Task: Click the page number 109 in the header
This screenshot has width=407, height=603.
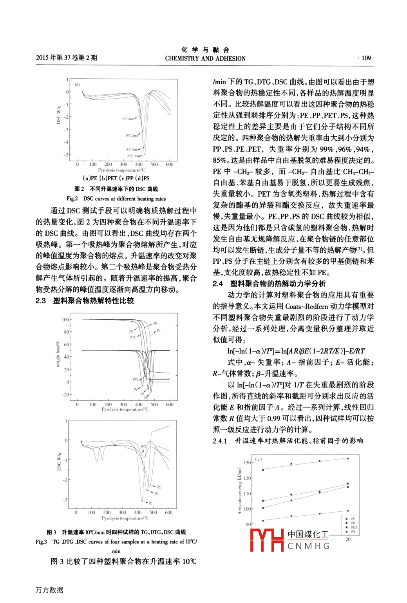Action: [366, 58]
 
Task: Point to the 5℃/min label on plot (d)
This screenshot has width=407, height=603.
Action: [128, 119]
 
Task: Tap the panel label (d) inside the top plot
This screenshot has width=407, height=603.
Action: [77, 84]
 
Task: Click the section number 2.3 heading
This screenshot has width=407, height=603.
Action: [41, 301]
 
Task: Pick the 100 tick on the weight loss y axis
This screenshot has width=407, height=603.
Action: [65, 320]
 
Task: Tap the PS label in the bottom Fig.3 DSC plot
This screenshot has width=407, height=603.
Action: [150, 503]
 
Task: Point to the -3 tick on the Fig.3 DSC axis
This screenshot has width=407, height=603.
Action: [65, 500]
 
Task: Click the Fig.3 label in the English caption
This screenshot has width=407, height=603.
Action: [41, 542]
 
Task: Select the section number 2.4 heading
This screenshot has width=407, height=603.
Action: [218, 284]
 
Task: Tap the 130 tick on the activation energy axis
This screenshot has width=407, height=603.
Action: [247, 463]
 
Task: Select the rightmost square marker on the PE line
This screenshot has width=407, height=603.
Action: [348, 458]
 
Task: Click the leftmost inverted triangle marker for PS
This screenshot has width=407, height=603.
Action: [263, 521]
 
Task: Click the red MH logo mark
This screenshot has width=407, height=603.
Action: [267, 540]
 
